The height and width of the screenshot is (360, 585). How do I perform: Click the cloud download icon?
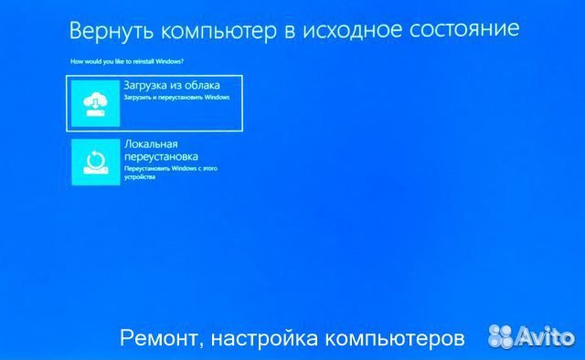tap(96, 102)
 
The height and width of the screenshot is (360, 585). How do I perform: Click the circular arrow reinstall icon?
tap(96, 162)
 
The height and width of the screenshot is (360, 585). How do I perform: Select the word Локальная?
tap(151, 144)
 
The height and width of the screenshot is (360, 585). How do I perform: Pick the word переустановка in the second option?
tap(160, 156)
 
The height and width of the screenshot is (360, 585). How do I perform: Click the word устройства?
tap(141, 177)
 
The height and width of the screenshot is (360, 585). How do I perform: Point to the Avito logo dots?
tap(502, 338)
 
